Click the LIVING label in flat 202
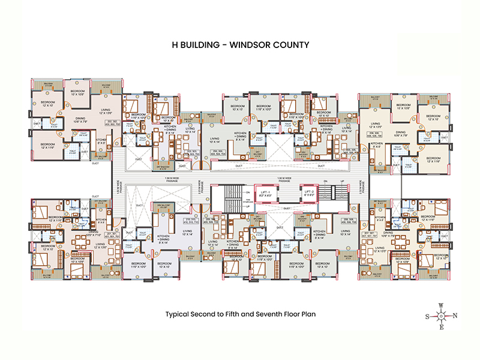point(106,110)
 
